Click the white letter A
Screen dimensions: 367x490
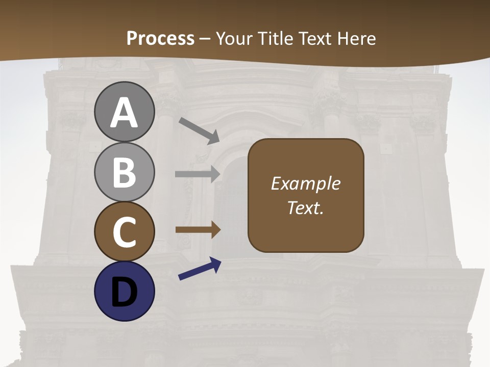point(125,113)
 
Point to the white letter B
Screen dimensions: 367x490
point(125,172)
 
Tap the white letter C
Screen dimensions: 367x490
point(125,232)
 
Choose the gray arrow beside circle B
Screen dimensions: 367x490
point(198,174)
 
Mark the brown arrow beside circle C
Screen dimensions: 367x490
point(198,229)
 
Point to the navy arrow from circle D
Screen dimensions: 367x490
point(200,269)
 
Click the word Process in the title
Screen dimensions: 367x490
point(160,38)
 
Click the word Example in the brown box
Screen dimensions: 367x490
point(306,183)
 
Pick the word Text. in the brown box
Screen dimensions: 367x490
point(306,208)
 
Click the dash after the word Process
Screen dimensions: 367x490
point(205,39)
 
